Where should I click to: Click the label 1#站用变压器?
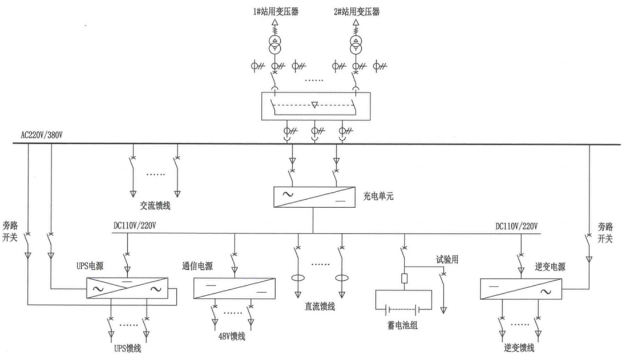click(x=276, y=11)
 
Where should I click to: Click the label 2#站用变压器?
click(x=357, y=11)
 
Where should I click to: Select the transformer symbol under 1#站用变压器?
click(x=276, y=45)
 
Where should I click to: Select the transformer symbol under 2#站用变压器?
click(x=357, y=45)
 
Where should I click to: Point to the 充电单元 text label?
click(x=378, y=197)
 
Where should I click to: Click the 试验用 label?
click(x=447, y=259)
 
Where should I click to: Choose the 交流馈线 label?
click(x=155, y=204)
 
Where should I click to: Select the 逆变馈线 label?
click(x=519, y=347)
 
